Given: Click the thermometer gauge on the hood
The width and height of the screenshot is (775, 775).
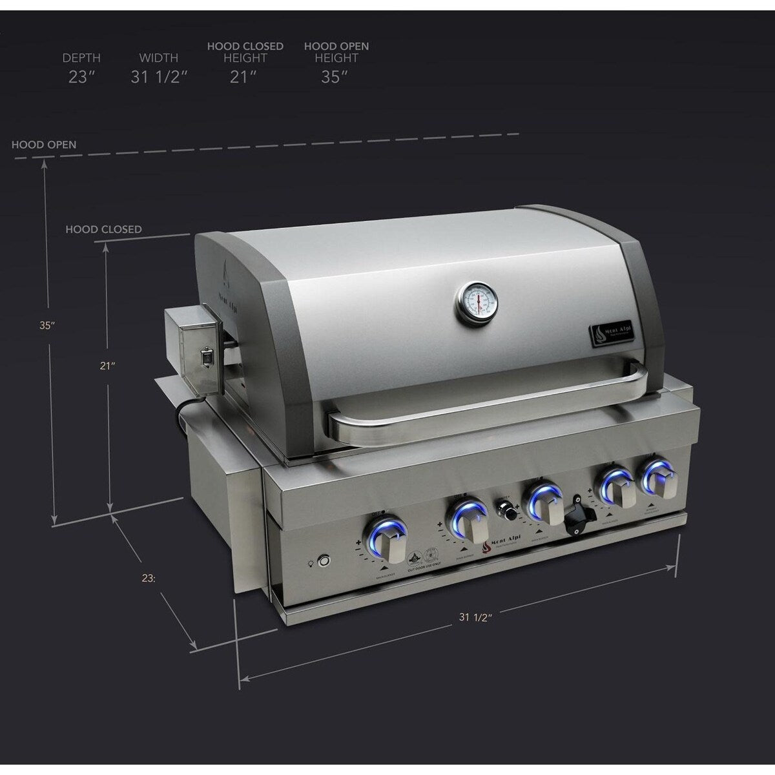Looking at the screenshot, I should pyautogui.click(x=478, y=302).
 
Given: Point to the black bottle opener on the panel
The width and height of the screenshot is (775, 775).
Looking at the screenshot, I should pyautogui.click(x=576, y=514).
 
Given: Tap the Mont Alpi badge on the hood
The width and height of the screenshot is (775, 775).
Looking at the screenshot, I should pyautogui.click(x=610, y=334).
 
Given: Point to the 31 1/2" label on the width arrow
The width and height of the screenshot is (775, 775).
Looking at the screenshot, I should pyautogui.click(x=476, y=617).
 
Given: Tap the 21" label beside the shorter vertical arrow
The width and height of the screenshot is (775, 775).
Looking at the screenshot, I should pyautogui.click(x=107, y=366).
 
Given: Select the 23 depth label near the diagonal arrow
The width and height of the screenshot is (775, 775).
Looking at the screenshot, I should pyautogui.click(x=149, y=579).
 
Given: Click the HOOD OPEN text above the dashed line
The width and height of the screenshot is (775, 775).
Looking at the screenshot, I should pyautogui.click(x=44, y=145).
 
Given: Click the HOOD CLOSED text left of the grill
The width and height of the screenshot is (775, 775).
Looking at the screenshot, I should pyautogui.click(x=103, y=229).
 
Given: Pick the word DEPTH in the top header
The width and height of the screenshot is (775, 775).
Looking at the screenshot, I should pyautogui.click(x=81, y=58).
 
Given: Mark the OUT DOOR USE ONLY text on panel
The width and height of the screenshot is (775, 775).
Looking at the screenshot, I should pyautogui.click(x=424, y=570).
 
